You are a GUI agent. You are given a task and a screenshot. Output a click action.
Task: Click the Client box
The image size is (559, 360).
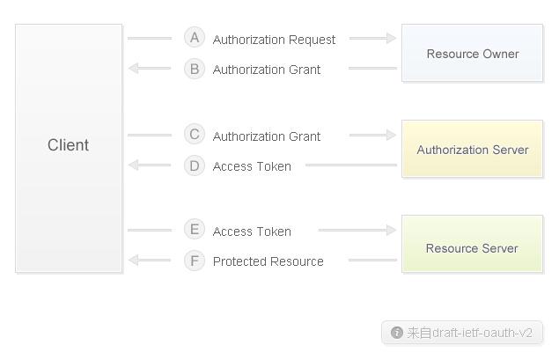69,148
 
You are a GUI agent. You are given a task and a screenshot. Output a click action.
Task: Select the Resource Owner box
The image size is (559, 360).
473,53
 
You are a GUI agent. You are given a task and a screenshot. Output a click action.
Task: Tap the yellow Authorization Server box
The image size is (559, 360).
473,149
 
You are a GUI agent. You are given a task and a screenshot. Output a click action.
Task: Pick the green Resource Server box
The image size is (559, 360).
473,244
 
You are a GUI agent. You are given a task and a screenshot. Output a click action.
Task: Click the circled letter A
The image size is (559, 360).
195,38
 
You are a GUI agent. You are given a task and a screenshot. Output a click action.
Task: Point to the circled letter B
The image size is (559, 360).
195,69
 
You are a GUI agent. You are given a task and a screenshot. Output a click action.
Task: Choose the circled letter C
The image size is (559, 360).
195,135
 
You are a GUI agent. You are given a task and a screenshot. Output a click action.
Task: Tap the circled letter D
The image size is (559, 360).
195,165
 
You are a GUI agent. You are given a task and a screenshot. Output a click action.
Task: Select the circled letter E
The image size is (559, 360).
195,229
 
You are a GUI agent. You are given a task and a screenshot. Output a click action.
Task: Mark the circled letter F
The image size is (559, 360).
195,261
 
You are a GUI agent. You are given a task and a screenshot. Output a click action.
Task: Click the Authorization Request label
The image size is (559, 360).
274,40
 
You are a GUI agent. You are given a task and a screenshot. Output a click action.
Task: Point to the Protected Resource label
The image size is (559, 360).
268,261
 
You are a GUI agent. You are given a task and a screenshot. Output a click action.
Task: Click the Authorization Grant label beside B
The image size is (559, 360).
267,70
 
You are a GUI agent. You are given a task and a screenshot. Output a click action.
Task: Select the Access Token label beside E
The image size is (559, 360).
252,231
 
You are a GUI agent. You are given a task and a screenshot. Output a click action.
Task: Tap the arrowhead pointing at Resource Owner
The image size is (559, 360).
391,38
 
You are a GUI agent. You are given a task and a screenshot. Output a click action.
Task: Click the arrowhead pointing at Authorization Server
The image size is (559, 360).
391,135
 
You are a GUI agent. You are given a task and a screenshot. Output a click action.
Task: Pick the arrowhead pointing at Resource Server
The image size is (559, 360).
391,231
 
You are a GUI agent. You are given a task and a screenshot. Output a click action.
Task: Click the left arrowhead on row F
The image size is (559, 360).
133,261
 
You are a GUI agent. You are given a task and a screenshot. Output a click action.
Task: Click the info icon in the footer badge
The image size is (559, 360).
397,333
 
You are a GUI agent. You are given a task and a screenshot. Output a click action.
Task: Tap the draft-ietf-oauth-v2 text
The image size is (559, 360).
482,333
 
